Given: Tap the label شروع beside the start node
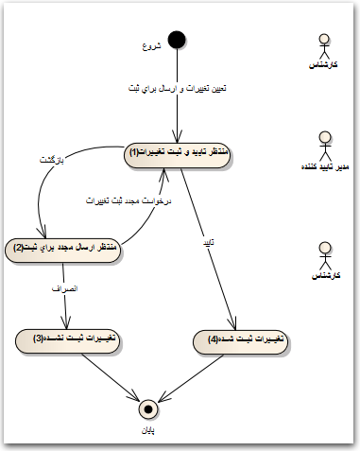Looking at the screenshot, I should click(x=151, y=46).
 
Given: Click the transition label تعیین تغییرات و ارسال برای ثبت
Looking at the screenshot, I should click(x=177, y=88).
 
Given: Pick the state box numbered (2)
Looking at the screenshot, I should click(x=66, y=249).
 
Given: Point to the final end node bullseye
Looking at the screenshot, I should click(x=146, y=408).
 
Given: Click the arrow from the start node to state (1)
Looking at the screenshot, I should click(x=178, y=104).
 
